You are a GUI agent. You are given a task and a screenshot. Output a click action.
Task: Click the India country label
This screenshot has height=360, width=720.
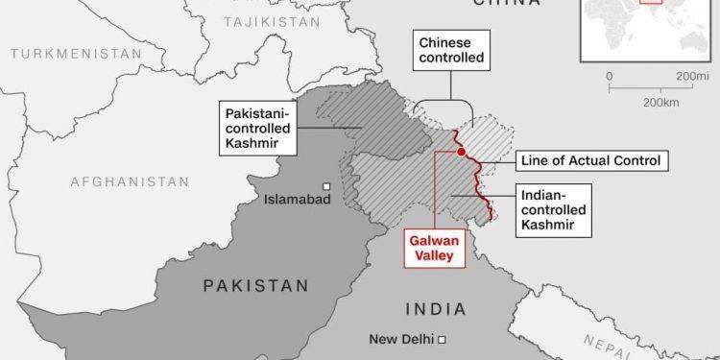(x=435, y=309)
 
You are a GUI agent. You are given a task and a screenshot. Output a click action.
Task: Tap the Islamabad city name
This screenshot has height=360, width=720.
(x=298, y=200)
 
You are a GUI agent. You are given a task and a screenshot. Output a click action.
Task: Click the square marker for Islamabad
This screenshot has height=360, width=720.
(x=327, y=186)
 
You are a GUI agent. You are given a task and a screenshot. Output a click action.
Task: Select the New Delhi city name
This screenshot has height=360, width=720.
(x=402, y=340)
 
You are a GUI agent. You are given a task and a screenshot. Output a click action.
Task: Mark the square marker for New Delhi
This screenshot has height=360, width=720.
(x=443, y=340)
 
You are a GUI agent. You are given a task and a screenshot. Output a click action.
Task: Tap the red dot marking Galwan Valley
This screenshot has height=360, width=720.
(x=462, y=152)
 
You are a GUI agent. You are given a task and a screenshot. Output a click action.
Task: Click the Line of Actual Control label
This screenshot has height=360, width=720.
(x=588, y=160)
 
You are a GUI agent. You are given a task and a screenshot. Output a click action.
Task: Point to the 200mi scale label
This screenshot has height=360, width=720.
(x=691, y=76)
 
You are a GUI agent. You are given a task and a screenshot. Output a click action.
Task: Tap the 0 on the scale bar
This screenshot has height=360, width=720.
(x=610, y=76)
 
